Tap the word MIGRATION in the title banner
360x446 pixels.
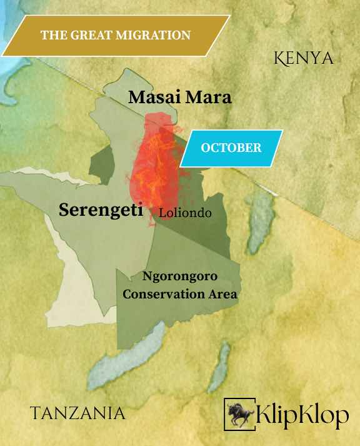click(x=154, y=35)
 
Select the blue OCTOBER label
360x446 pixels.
click(x=231, y=148)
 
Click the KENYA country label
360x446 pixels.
click(x=304, y=59)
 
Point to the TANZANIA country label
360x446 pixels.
click(x=77, y=413)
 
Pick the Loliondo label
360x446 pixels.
click(x=185, y=213)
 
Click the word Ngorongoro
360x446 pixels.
click(x=180, y=275)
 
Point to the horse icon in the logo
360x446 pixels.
click(x=239, y=413)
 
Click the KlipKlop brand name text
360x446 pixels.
click(x=302, y=414)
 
